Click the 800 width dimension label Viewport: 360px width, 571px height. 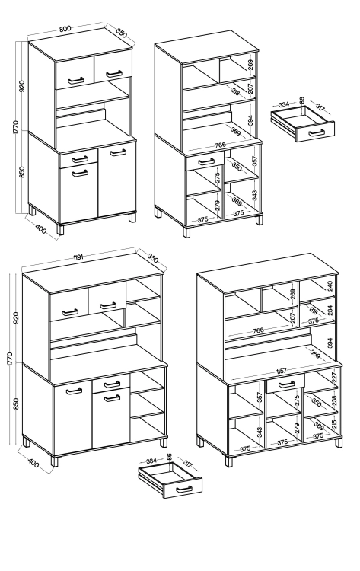(x=65, y=29)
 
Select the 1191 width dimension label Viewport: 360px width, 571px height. (x=78, y=257)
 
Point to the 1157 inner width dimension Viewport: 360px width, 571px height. (x=281, y=371)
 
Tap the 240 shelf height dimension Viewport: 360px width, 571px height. (x=330, y=285)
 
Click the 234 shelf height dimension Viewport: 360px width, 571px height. (x=330, y=310)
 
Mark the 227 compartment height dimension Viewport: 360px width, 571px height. (x=334, y=378)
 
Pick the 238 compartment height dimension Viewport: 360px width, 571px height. (x=334, y=400)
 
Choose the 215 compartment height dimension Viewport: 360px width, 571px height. (x=334, y=423)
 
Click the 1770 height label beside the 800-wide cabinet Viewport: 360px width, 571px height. (x=15, y=126)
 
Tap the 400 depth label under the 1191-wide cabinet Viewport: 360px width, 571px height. (x=33, y=464)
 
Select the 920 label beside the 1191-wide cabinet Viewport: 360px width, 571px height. (x=16, y=318)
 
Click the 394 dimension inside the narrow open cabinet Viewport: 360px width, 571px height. (x=251, y=120)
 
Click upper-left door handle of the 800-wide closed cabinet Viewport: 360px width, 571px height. (x=75, y=81)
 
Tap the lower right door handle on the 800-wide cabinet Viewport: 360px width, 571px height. (x=118, y=152)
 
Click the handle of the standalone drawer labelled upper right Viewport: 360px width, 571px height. (x=317, y=132)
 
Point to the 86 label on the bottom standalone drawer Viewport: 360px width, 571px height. (x=169, y=457)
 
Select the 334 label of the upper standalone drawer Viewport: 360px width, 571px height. (x=283, y=104)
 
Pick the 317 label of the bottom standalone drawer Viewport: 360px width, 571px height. (x=187, y=464)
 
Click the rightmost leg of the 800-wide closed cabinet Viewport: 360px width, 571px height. (x=132, y=218)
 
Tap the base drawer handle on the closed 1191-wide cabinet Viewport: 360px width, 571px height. (x=112, y=384)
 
